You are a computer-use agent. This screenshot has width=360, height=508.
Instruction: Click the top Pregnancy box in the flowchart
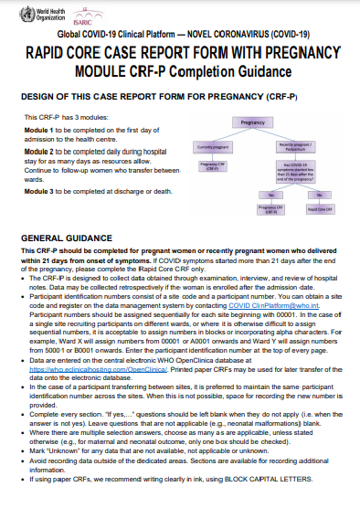pos(252,122)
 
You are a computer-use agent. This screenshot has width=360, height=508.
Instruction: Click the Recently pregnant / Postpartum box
pos(298,147)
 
